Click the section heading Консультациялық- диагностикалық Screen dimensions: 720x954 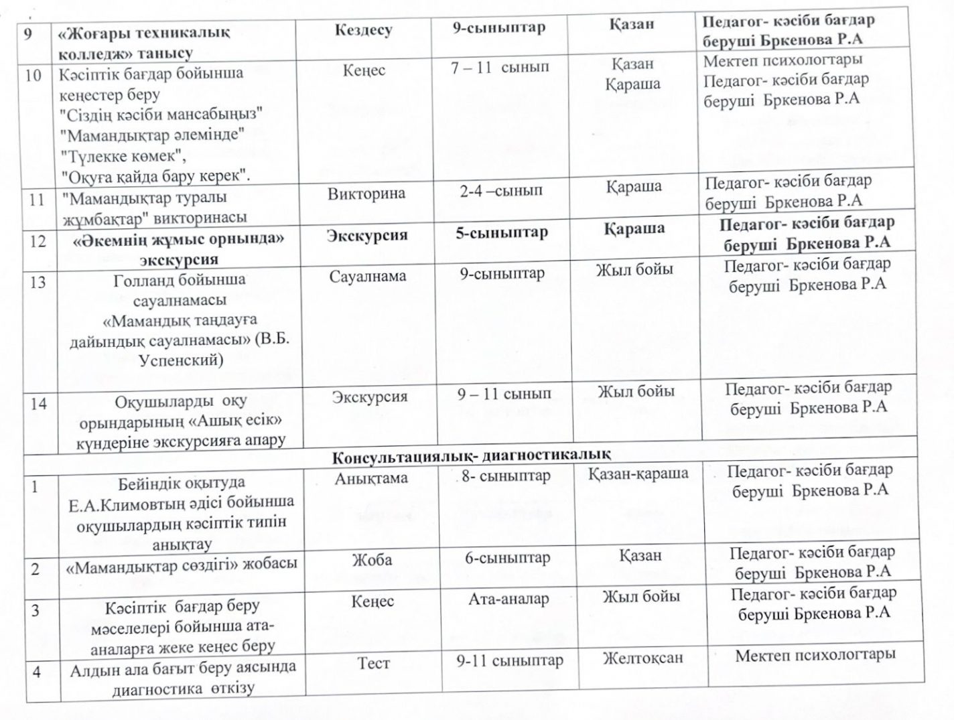(x=472, y=455)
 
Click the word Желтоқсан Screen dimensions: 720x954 (x=642, y=657)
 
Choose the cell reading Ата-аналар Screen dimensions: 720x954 (x=508, y=599)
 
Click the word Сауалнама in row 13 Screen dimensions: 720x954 (x=367, y=276)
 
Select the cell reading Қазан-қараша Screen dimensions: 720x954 (x=638, y=474)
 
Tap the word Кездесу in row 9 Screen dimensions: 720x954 (x=363, y=30)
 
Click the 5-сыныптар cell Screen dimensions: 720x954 (x=502, y=232)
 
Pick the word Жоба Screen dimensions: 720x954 (x=372, y=560)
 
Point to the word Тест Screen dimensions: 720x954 (x=373, y=662)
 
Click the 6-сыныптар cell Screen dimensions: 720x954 (x=508, y=557)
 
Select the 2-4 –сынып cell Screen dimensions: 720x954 (x=501, y=191)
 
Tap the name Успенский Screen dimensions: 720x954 (x=180, y=359)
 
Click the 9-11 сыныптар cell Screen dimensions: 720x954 (x=510, y=661)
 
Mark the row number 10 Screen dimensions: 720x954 (x=34, y=75)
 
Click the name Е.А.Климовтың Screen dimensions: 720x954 (x=115, y=502)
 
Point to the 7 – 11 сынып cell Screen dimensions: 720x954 (x=500, y=68)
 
